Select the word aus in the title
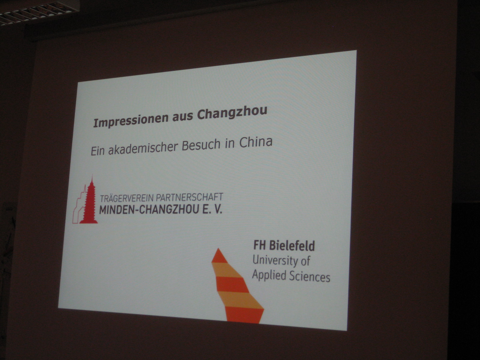pyautogui.click(x=183, y=117)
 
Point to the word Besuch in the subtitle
pyautogui.click(x=201, y=145)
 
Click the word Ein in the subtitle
pyautogui.click(x=97, y=151)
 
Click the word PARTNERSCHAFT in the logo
pyautogui.click(x=190, y=197)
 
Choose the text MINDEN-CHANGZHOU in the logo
pyautogui.click(x=149, y=210)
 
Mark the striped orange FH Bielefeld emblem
pyautogui.click(x=238, y=286)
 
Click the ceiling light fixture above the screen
pyautogui.click(x=39, y=12)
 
